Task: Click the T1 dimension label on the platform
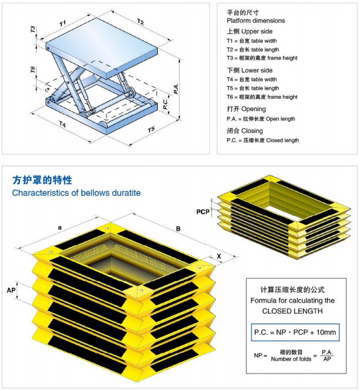[x=62, y=24]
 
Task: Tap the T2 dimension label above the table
[x=140, y=22]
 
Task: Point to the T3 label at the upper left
[x=33, y=29]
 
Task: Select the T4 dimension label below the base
[x=62, y=124]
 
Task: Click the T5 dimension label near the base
[x=151, y=130]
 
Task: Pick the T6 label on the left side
[x=33, y=70]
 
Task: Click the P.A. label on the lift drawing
[x=176, y=88]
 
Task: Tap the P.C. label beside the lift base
[x=166, y=104]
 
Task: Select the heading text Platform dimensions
[x=256, y=20]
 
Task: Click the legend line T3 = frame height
[x=262, y=58]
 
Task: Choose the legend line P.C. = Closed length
[x=263, y=140]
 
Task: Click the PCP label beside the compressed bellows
[x=203, y=212]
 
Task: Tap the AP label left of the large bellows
[x=11, y=290]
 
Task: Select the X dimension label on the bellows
[x=219, y=256]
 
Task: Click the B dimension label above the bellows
[x=178, y=229]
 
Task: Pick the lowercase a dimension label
[x=60, y=228]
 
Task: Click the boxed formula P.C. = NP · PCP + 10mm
[x=295, y=332]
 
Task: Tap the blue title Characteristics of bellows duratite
[x=76, y=193]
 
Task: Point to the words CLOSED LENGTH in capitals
[x=292, y=311]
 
